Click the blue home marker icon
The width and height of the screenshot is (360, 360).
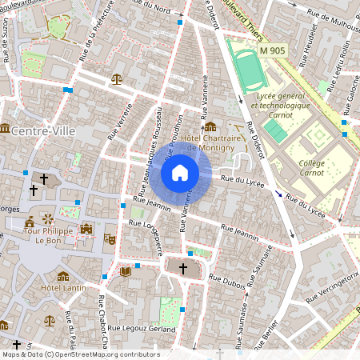180,173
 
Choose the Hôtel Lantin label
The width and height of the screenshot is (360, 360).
62,287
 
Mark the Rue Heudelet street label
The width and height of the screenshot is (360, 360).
314,38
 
